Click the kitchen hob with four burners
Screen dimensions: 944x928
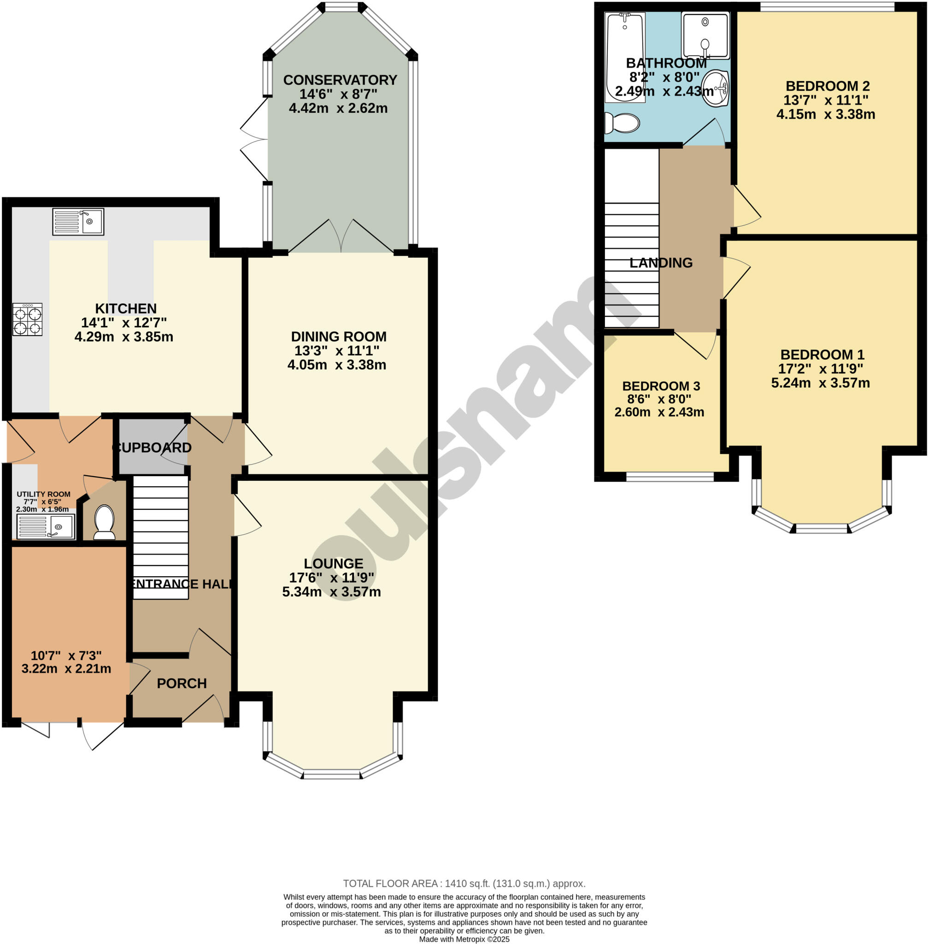click(x=27, y=319)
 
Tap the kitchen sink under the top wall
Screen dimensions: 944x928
click(x=78, y=222)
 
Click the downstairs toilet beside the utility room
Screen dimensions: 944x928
click(x=104, y=522)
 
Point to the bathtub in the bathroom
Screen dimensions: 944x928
click(x=624, y=58)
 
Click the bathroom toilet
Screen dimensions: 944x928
click(x=622, y=123)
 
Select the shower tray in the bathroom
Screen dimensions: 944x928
click(x=705, y=35)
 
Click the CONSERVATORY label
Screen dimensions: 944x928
click(x=340, y=80)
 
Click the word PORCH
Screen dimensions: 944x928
click(x=182, y=684)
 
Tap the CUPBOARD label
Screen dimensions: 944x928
click(x=152, y=448)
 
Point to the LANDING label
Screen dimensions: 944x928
click(x=661, y=263)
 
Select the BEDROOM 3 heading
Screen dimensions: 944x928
click(x=661, y=386)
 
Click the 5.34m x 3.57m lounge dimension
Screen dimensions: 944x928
click(x=331, y=592)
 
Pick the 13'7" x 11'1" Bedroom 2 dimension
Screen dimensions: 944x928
click(x=826, y=100)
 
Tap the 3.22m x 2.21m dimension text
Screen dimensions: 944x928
click(x=66, y=669)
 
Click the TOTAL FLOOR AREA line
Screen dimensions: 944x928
click(x=464, y=884)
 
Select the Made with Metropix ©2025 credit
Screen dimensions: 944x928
click(x=464, y=939)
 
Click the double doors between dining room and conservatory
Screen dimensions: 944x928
click(x=341, y=237)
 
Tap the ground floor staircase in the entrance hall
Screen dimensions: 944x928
click(x=160, y=537)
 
